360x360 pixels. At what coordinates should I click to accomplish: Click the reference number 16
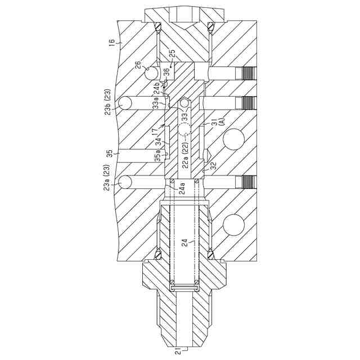(111, 43)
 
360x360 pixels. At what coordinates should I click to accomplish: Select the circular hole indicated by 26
(151, 73)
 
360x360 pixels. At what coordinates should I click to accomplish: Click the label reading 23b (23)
(108, 102)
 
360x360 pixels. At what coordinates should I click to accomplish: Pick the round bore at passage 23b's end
(125, 103)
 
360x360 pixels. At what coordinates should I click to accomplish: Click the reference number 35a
(158, 156)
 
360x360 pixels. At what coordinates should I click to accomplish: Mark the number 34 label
(159, 139)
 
